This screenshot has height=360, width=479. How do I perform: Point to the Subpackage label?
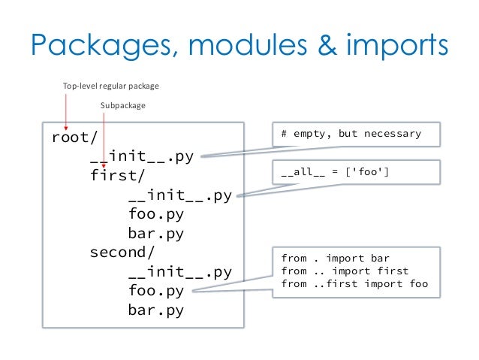coord(123,106)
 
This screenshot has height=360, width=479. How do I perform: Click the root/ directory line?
coord(71,138)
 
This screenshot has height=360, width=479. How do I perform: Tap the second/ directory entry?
coord(122,253)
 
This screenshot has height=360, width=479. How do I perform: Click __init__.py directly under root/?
coord(142,157)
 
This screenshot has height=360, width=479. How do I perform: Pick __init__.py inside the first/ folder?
coord(180,195)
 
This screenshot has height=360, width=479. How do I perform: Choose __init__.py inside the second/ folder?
coord(180,271)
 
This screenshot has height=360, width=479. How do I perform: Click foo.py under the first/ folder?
coord(155,214)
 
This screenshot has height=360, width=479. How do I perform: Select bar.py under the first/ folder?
coord(155,233)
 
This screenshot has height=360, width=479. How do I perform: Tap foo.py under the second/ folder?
coord(155,290)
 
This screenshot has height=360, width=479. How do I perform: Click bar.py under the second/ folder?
coord(155,309)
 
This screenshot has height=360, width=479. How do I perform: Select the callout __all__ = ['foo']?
coord(335,174)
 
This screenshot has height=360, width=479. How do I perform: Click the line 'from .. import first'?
coord(345,271)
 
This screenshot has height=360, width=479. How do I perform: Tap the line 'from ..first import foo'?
coord(354,283)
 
